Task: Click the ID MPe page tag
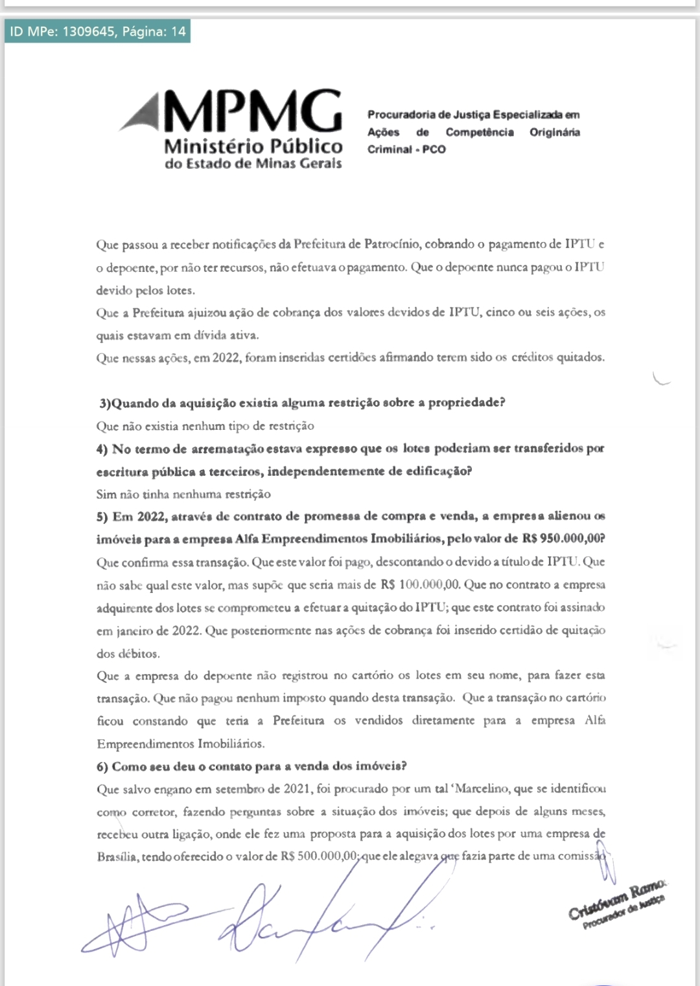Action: [97, 31]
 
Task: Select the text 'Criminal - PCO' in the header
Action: [406, 150]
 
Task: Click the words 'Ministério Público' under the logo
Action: [253, 146]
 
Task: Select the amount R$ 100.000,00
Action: [421, 585]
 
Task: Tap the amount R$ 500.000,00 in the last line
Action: [320, 857]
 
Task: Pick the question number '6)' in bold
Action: [102, 767]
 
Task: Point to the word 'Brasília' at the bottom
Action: [117, 857]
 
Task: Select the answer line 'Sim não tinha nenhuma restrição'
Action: [183, 494]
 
